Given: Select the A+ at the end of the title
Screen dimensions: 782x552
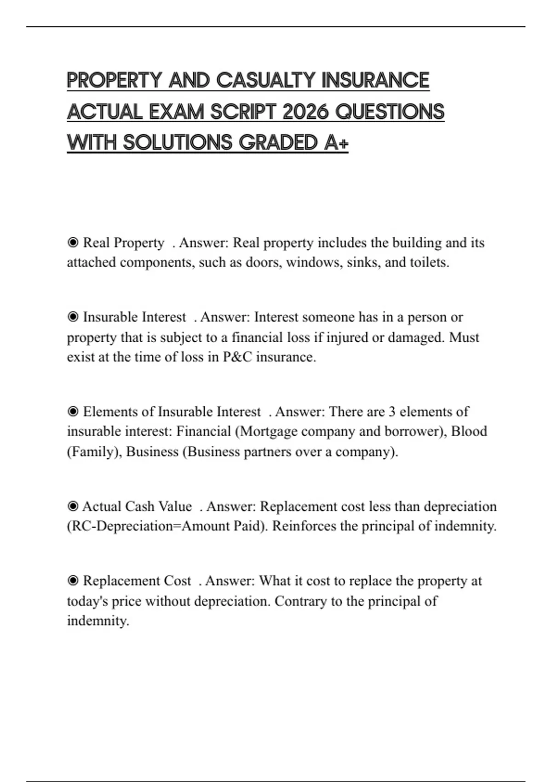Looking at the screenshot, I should click(x=336, y=143).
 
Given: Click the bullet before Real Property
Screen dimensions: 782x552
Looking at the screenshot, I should click(x=73, y=242).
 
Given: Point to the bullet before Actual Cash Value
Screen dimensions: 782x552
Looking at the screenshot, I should click(x=73, y=506).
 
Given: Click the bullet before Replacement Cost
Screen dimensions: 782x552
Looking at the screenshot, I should click(x=73, y=581).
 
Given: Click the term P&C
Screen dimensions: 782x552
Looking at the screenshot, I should click(x=237, y=357).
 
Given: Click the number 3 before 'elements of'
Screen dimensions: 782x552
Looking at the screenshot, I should click(x=392, y=412).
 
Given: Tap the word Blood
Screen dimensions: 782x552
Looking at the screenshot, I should click(x=469, y=431).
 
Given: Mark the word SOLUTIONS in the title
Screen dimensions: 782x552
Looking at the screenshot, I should click(x=178, y=143).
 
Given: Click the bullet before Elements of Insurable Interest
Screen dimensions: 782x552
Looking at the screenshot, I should click(x=73, y=412).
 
